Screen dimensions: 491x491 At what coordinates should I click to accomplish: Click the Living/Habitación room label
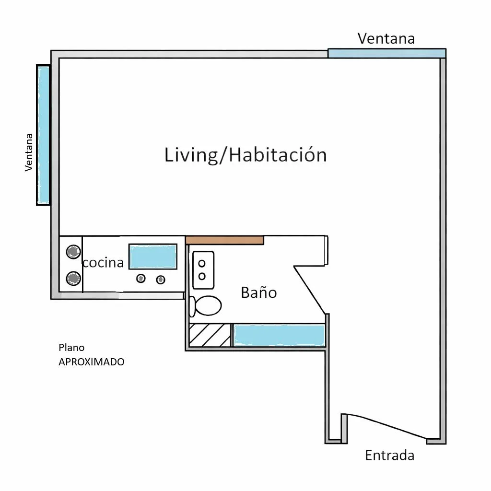(245, 155)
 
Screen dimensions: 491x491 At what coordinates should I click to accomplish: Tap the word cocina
(103, 262)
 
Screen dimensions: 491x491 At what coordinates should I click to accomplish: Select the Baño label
(258, 292)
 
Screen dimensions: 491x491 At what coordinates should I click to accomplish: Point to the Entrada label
(389, 456)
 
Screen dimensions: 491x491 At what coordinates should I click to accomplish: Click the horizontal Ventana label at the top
(386, 38)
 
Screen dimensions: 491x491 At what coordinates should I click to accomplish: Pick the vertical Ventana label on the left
(29, 152)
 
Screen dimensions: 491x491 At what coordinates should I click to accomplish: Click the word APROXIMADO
(92, 362)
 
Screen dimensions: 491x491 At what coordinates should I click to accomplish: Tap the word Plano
(71, 348)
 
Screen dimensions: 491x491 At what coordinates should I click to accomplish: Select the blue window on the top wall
(387, 53)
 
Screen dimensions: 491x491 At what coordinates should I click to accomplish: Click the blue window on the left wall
(43, 135)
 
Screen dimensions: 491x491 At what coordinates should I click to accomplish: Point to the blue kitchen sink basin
(153, 257)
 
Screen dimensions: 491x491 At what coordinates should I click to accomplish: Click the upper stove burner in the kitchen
(73, 251)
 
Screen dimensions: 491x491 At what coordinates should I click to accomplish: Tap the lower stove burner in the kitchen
(73, 278)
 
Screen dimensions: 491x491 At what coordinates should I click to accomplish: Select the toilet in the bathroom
(205, 305)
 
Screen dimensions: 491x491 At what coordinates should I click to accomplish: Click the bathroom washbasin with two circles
(203, 270)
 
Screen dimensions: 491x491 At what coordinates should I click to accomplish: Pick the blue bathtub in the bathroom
(279, 335)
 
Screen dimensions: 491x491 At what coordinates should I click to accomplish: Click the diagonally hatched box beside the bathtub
(210, 335)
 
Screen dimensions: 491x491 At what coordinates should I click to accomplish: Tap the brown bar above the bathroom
(224, 240)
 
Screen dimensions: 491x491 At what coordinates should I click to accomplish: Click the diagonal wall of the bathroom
(309, 290)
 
